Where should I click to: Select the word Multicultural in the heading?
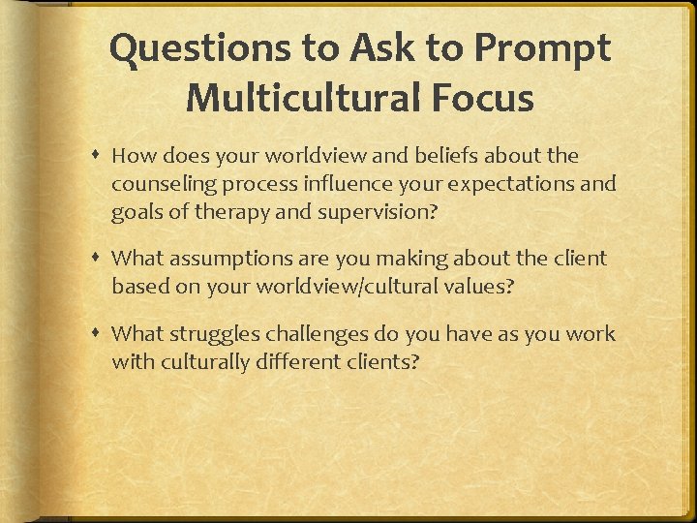pos(301,97)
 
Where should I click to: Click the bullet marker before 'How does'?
pos(100,156)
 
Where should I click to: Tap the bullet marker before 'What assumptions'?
pos(100,259)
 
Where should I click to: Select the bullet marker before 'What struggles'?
pos(100,334)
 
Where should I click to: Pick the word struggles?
pos(205,334)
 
